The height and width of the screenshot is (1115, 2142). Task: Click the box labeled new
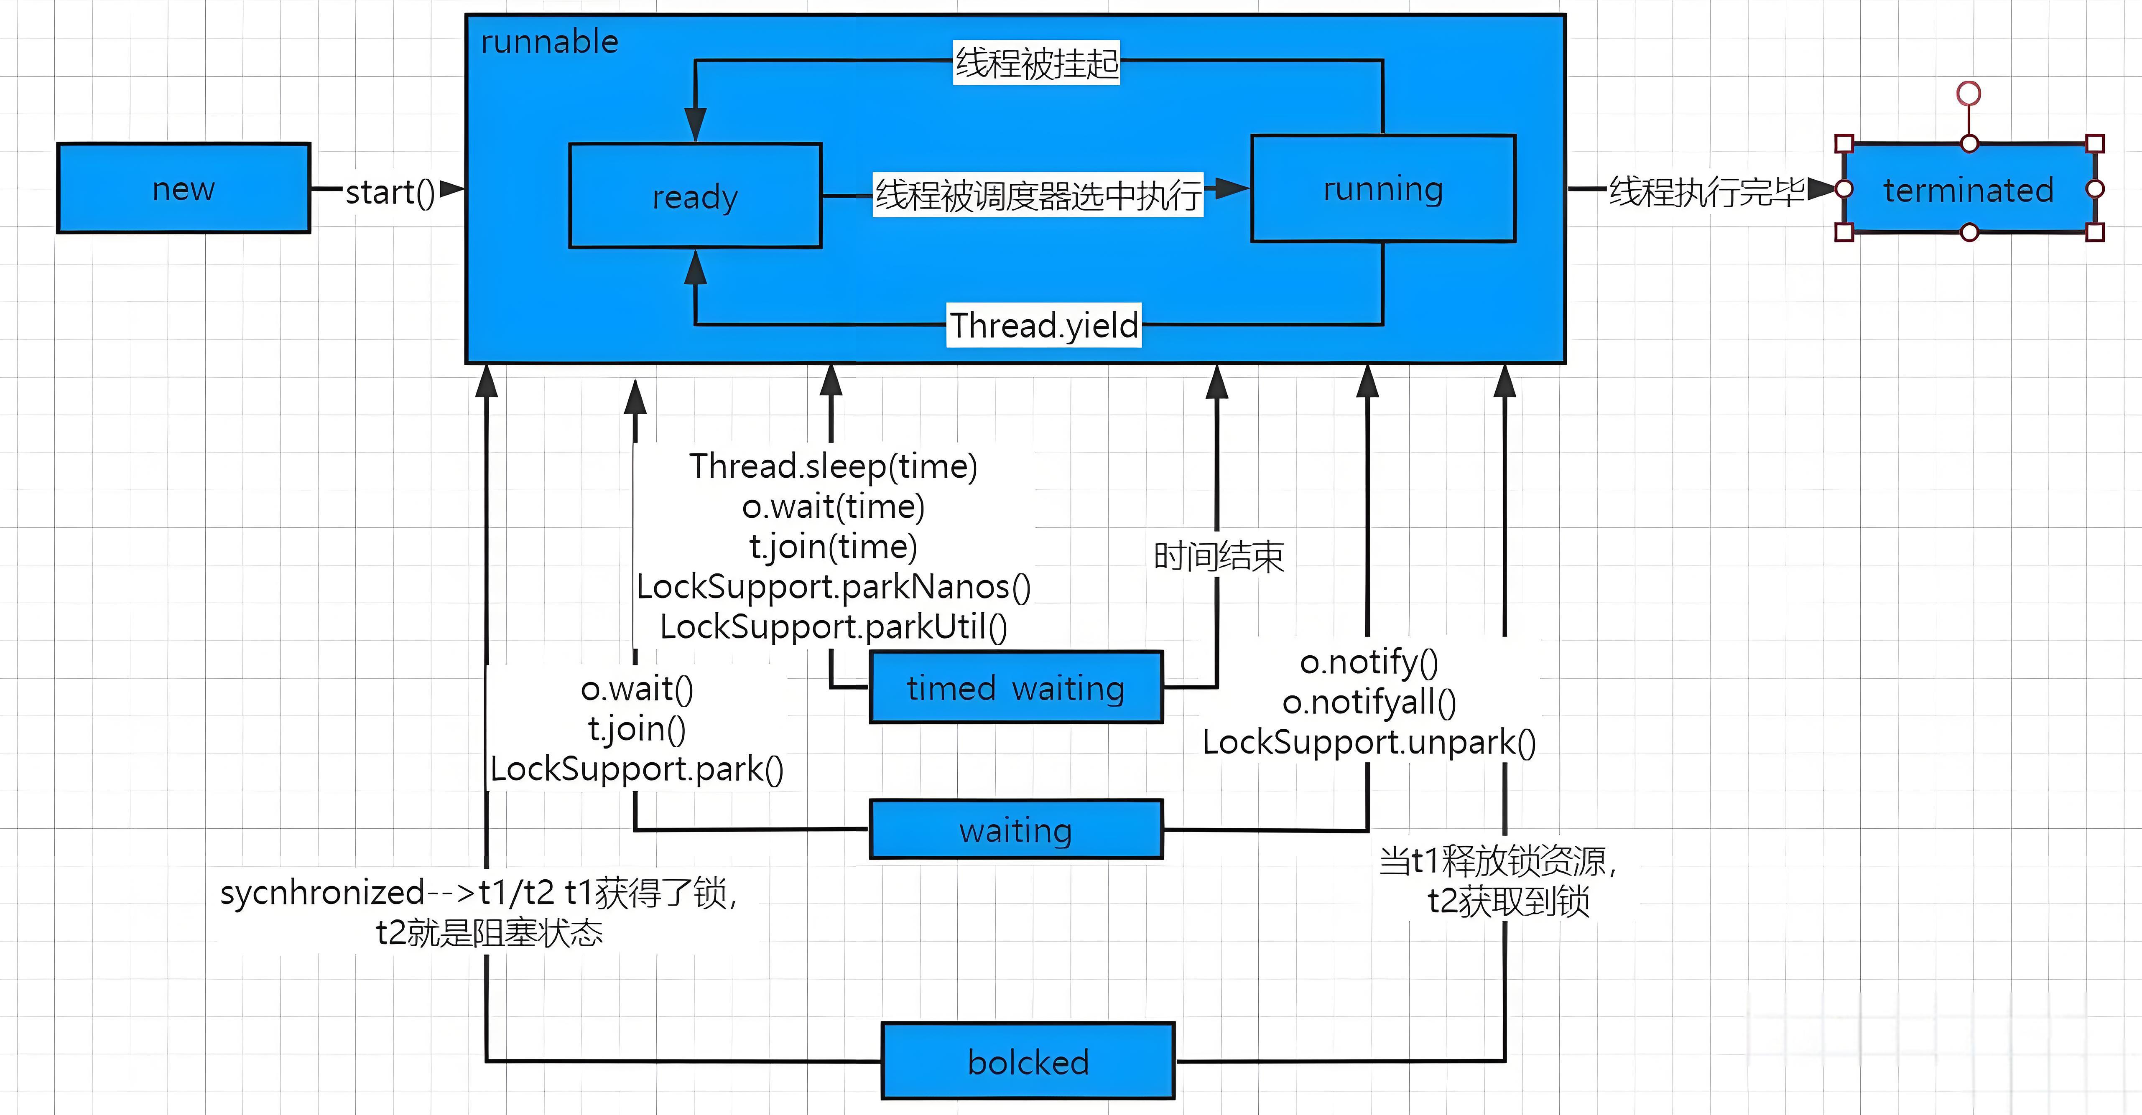point(184,188)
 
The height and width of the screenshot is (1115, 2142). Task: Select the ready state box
point(695,196)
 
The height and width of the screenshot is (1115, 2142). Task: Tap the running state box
point(1383,189)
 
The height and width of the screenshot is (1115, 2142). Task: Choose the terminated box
point(1968,190)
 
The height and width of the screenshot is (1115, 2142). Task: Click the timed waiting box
point(1015,687)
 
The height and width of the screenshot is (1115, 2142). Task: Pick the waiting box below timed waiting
point(1015,830)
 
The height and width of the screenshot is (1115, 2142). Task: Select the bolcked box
point(1028,1061)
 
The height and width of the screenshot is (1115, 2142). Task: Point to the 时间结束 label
point(1218,555)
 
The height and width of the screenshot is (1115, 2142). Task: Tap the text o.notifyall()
point(1369,702)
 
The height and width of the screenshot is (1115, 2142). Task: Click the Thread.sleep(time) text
point(833,466)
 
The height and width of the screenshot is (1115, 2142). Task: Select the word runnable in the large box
point(550,41)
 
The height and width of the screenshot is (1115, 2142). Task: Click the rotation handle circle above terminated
point(1968,93)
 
